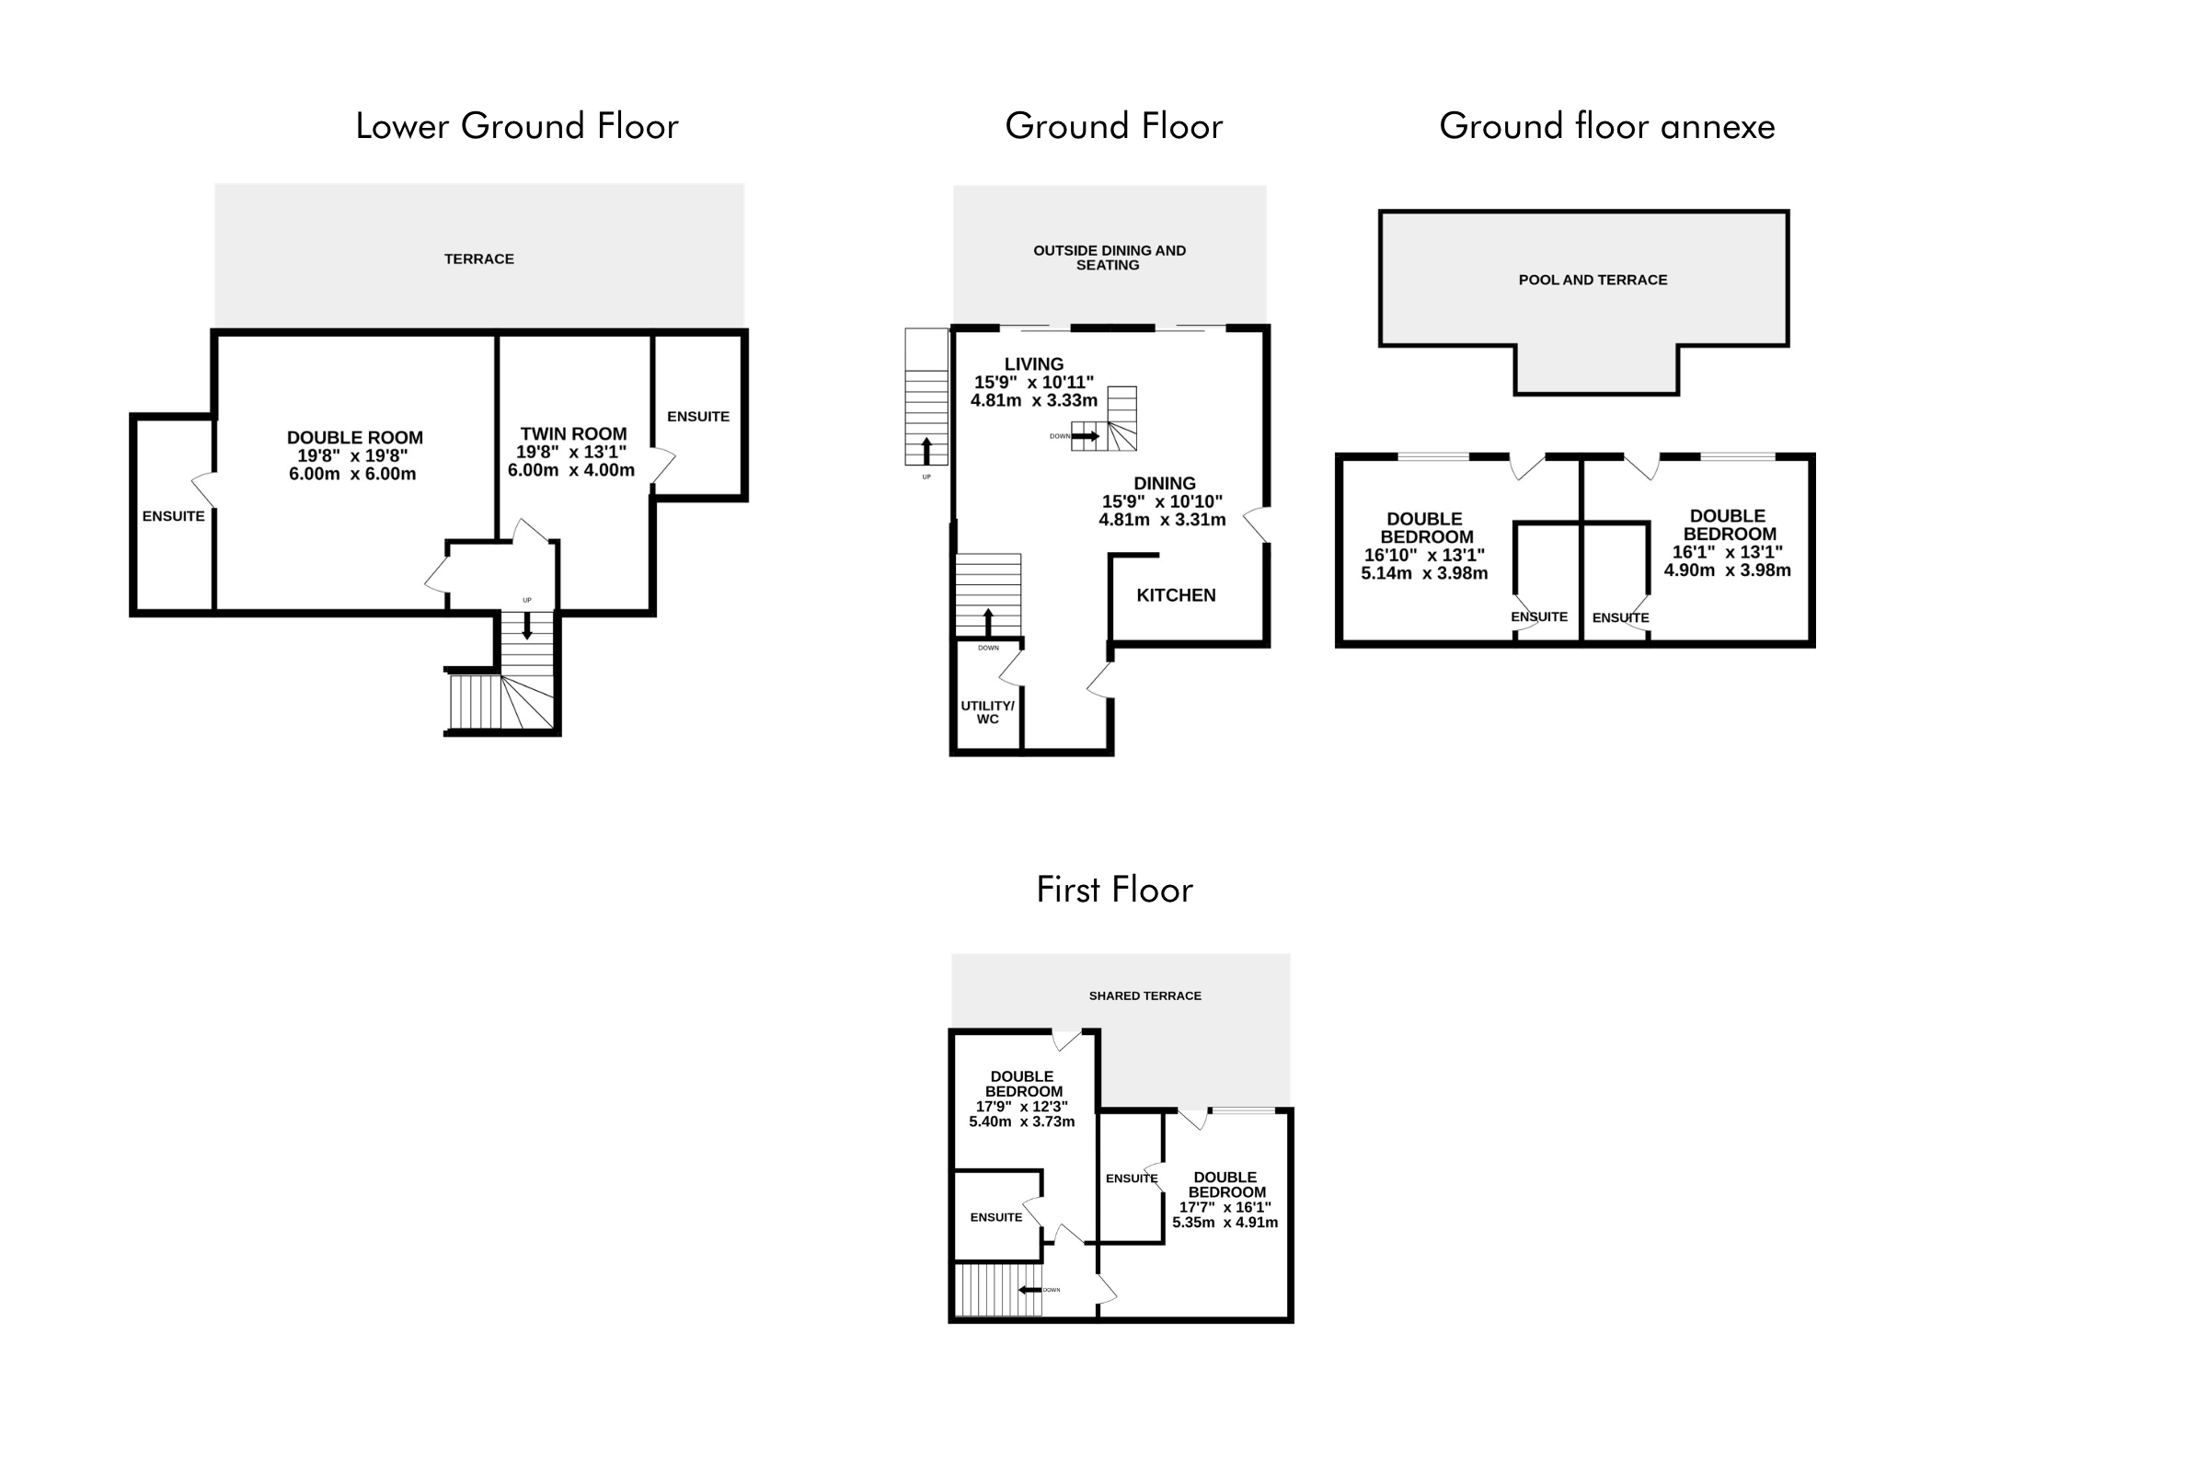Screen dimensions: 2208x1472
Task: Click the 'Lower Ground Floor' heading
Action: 516,127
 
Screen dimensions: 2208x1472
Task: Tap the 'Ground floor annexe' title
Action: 1606,127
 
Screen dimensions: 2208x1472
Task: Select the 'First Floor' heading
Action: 1114,890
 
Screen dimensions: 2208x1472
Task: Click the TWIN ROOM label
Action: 573,433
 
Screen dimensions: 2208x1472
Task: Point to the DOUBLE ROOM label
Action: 355,438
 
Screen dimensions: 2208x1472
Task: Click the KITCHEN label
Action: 1177,595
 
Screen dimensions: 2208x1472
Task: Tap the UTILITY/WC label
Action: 987,712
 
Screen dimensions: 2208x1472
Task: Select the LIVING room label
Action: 1033,364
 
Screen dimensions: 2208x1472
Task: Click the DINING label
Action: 1164,485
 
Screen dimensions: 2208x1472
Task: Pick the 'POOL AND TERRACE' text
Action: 1593,280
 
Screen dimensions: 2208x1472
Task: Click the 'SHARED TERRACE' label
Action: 1144,996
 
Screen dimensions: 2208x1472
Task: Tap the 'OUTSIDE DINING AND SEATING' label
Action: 1109,259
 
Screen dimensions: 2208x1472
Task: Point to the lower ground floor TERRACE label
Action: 478,259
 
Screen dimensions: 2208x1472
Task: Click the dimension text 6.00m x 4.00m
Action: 570,470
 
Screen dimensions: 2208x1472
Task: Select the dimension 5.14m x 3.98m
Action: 1424,572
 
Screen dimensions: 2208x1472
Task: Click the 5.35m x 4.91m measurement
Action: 1225,1223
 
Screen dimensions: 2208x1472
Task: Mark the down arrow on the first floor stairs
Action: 1029,1290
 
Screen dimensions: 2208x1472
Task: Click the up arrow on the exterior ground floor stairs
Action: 926,451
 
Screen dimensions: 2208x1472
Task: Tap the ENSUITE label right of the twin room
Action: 697,417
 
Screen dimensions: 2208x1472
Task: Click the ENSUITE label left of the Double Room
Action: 174,516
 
